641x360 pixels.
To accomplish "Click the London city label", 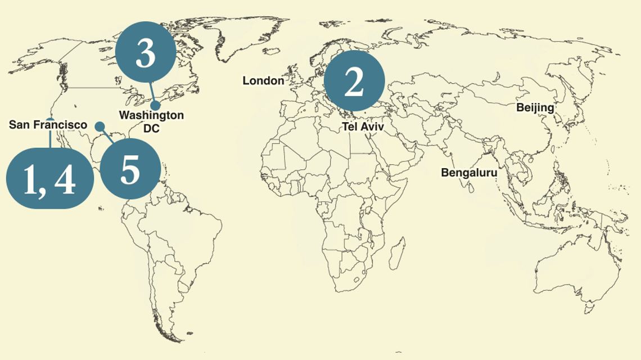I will tap(263, 81).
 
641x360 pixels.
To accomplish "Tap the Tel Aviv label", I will tap(363, 127).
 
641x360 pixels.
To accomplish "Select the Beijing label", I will tap(535, 108).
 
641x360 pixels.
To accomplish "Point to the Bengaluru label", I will tap(469, 173).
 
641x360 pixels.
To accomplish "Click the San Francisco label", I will tap(48, 125).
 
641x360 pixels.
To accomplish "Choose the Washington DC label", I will tap(151, 121).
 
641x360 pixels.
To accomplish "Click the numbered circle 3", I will tap(145, 55).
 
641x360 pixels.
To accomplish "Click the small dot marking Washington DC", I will tap(156, 105).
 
